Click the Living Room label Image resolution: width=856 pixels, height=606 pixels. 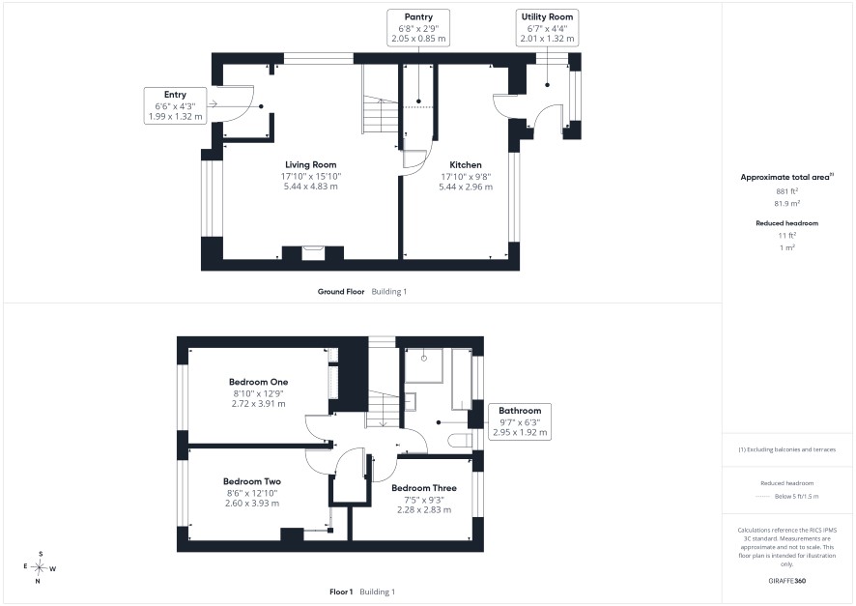311,165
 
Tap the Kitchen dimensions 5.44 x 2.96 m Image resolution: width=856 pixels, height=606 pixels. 466,187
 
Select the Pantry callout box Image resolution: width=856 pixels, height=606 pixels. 418,28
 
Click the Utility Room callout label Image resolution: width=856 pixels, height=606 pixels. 547,17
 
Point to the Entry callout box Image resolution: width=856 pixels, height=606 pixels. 175,105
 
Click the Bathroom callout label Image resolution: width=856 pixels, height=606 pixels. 520,411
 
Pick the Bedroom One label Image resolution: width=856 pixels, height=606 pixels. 258,382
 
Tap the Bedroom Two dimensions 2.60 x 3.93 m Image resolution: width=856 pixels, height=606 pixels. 252,504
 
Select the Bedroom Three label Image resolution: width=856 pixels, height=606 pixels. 424,488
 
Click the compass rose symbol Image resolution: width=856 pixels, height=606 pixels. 39,567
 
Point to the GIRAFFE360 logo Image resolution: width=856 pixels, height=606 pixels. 786,580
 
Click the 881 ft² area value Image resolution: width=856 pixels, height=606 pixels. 786,191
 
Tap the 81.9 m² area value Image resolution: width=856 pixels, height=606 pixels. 786,203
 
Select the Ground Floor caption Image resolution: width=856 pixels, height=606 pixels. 341,292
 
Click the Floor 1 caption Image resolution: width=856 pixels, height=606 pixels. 341,592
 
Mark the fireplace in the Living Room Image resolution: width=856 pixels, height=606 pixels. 313,253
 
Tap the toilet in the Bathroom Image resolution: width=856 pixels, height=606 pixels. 460,440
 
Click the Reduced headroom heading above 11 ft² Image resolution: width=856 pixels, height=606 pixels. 786,223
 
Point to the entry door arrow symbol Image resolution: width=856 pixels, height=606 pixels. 213,104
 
